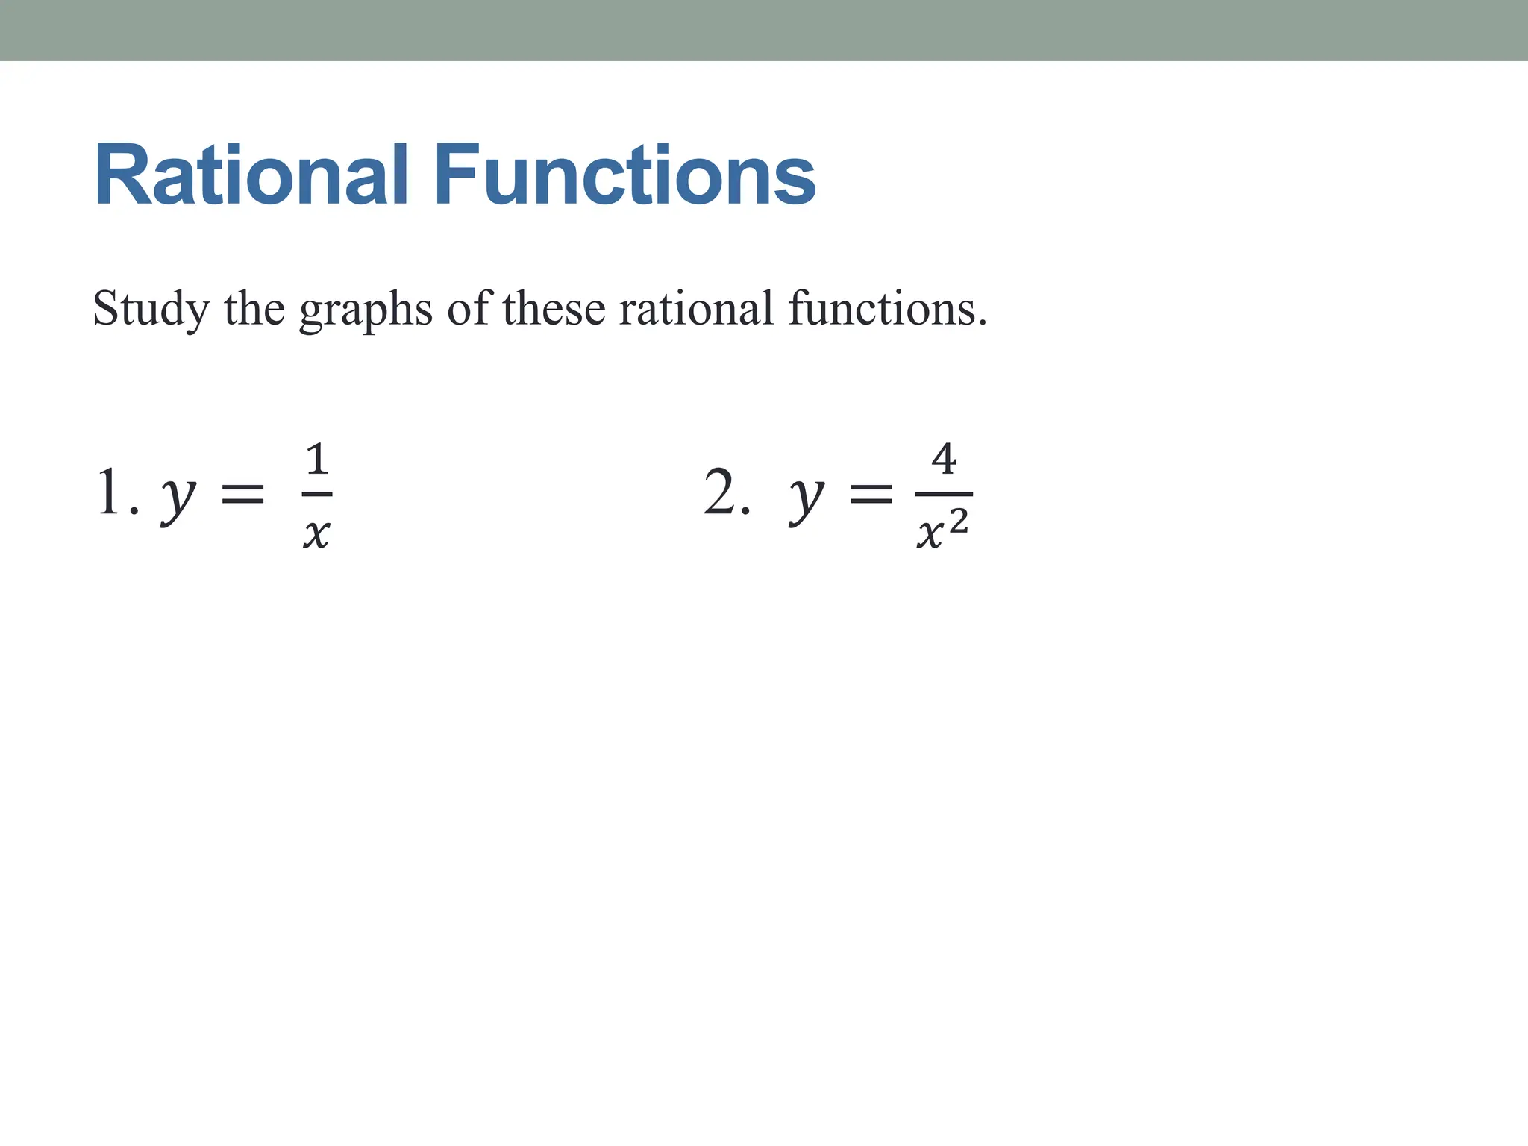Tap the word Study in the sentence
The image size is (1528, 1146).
[151, 310]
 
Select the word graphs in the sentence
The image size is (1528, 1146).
[366, 310]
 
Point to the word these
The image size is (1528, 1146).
[554, 308]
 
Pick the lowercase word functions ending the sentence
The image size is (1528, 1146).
[887, 308]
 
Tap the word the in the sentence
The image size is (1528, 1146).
[254, 308]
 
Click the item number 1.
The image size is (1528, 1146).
[110, 492]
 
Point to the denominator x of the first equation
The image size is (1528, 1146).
[316, 533]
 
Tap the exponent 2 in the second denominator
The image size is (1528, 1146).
[959, 521]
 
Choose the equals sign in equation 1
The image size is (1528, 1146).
[243, 493]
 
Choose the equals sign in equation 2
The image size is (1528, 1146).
[871, 493]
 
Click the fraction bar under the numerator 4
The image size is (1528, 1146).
[944, 494]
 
